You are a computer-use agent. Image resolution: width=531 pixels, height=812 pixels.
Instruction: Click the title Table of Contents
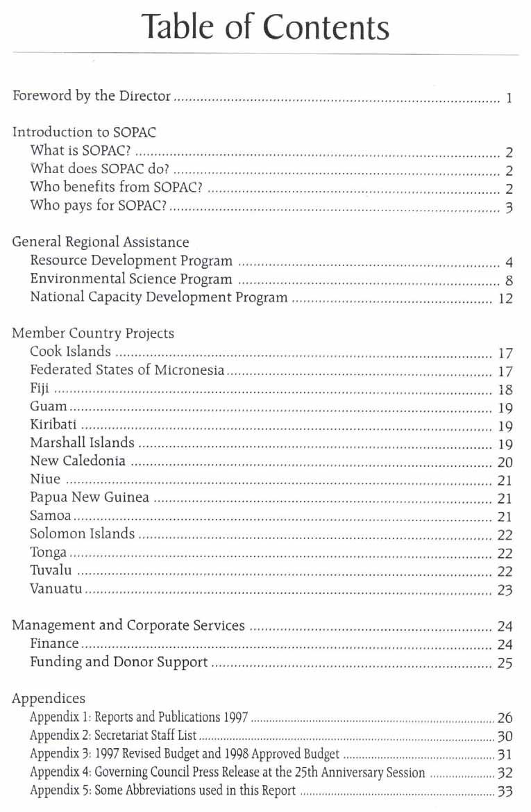(264, 27)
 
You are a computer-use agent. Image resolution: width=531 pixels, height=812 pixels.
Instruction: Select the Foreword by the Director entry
(92, 96)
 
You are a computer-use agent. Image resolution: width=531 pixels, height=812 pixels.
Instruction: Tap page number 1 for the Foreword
(509, 98)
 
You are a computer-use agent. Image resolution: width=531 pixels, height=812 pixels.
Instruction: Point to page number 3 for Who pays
(509, 208)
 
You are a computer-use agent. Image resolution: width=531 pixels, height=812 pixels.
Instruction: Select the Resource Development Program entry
(131, 261)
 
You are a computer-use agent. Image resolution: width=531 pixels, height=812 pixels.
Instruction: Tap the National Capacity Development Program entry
(158, 298)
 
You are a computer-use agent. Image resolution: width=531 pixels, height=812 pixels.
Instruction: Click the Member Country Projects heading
(93, 333)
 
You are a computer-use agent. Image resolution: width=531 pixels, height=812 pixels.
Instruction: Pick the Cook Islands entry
(70, 352)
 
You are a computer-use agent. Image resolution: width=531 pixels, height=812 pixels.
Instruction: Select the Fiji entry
(40, 389)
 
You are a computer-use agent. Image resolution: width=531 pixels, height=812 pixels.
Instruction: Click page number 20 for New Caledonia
(505, 463)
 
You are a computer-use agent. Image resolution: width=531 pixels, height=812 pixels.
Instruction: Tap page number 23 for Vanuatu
(505, 590)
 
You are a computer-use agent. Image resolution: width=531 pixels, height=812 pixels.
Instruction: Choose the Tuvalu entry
(51, 570)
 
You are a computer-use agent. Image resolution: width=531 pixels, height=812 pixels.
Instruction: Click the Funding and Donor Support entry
(119, 662)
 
